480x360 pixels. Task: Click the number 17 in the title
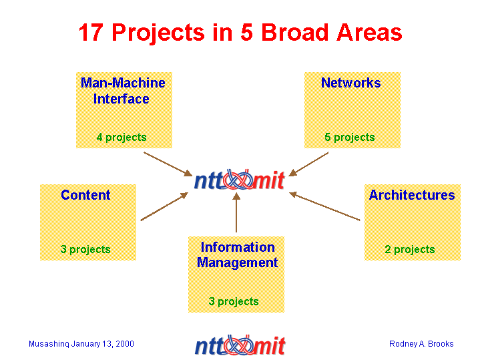click(91, 32)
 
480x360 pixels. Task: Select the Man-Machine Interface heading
click(123, 91)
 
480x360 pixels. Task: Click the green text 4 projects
click(122, 138)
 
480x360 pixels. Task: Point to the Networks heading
click(350, 83)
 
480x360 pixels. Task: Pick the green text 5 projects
click(350, 138)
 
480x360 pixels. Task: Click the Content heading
click(85, 195)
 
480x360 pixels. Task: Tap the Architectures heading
click(412, 195)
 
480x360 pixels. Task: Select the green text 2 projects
click(410, 249)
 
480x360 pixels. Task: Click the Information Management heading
click(237, 255)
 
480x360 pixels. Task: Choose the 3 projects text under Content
click(85, 249)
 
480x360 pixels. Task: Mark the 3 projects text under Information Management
click(234, 301)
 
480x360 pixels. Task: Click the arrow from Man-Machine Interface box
click(168, 164)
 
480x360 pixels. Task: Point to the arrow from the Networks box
click(308, 164)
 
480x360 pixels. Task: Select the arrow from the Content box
click(164, 206)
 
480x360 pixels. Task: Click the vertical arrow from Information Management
click(236, 212)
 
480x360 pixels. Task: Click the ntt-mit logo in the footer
click(240, 345)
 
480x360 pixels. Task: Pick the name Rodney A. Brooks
click(421, 344)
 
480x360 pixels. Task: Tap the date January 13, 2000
click(103, 344)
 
